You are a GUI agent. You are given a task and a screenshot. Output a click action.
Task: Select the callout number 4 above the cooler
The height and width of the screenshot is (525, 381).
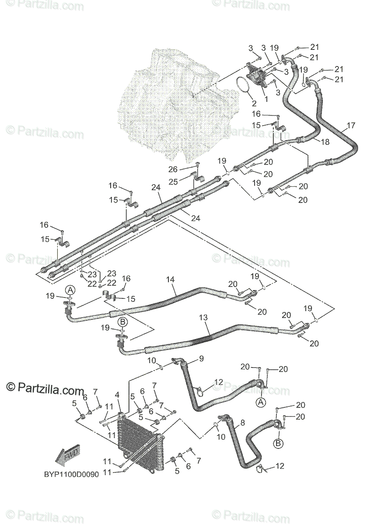point(117,395)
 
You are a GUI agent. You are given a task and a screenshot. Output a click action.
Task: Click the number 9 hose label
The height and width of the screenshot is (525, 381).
point(201,359)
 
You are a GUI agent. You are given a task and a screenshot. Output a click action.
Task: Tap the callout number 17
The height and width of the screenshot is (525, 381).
point(351,126)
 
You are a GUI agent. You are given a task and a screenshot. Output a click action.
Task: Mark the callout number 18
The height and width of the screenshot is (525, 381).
point(325,142)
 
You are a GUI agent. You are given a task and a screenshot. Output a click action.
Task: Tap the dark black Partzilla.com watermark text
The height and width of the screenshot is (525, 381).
point(45,388)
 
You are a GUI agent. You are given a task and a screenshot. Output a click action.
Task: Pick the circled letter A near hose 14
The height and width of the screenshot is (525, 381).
point(71,290)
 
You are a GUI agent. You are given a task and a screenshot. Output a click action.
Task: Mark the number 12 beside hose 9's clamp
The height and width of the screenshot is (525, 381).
point(218,382)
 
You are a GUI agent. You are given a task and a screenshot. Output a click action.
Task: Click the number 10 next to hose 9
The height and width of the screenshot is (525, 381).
point(151,360)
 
